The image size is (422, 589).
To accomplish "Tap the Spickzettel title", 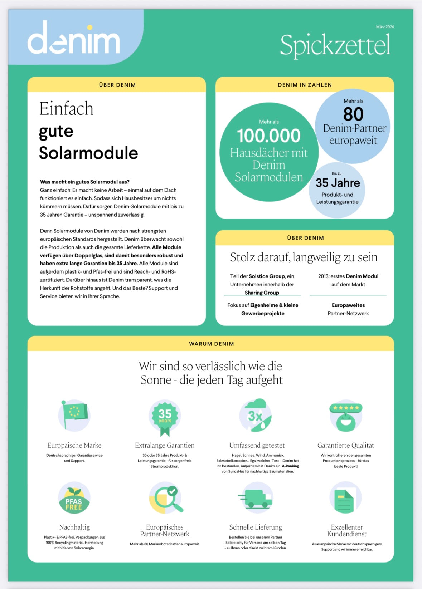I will (x=335, y=45).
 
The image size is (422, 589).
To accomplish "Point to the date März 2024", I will (x=385, y=27).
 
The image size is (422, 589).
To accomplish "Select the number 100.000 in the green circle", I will (x=269, y=136).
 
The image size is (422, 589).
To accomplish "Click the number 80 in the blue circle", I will (x=353, y=114).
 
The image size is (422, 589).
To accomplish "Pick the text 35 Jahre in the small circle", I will (x=338, y=183).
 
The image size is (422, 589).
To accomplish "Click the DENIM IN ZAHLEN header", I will (x=305, y=85).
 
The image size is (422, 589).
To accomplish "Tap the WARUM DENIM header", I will (x=211, y=344).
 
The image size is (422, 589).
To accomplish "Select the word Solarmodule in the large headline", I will (x=88, y=153).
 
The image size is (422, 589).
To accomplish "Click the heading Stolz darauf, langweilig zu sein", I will (x=304, y=257).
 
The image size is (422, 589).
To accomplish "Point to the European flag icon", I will (x=74, y=414).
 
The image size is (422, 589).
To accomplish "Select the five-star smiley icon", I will (x=346, y=416).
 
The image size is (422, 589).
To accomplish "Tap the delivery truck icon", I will (x=256, y=497).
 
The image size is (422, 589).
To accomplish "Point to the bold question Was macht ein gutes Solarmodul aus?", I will (x=85, y=182).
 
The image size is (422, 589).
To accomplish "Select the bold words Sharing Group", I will (x=262, y=293).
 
